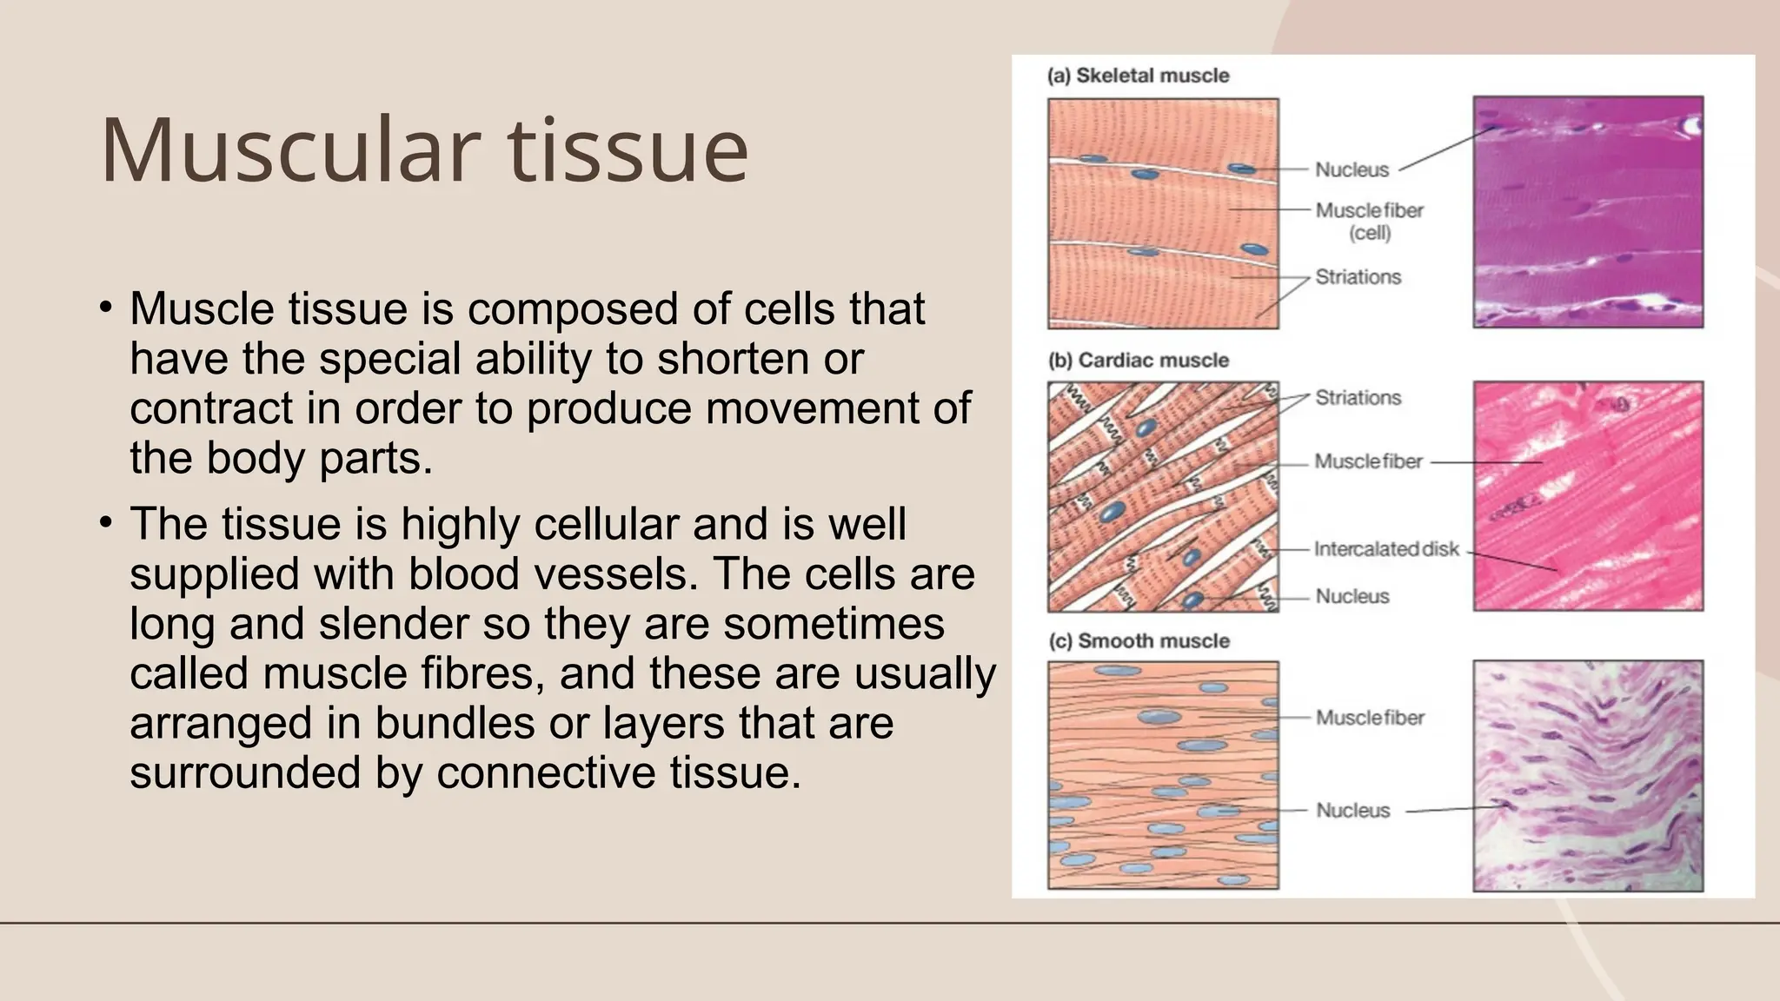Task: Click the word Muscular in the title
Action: [x=290, y=149]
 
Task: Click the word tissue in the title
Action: [x=628, y=149]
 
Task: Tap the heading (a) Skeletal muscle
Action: [x=1139, y=76]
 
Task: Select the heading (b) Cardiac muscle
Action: [x=1139, y=361]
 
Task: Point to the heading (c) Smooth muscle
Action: [x=1139, y=641]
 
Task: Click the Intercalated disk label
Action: [x=1386, y=549]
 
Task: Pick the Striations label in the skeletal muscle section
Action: [x=1358, y=277]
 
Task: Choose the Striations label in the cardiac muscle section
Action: [x=1358, y=398]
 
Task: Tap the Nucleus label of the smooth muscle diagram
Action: [x=1352, y=811]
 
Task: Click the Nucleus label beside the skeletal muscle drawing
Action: [x=1352, y=170]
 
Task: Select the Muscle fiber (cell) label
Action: [x=1369, y=222]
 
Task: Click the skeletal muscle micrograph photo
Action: [x=1588, y=212]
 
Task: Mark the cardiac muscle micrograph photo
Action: [x=1588, y=496]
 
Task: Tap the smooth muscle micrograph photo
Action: [x=1588, y=776]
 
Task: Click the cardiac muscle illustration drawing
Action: [x=1163, y=496]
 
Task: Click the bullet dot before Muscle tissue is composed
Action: [x=105, y=308]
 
